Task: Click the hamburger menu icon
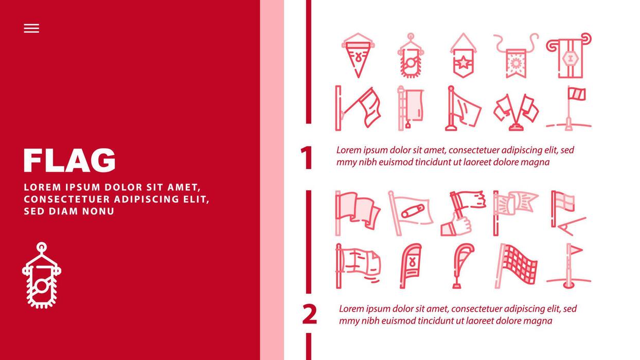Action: click(x=31, y=28)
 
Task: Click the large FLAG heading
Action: click(x=69, y=160)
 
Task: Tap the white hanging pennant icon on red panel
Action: click(x=41, y=276)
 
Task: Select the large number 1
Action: click(x=307, y=158)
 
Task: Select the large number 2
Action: click(x=309, y=315)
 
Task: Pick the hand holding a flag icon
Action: click(x=463, y=213)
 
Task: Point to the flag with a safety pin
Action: click(x=410, y=212)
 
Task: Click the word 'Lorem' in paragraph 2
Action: click(x=351, y=309)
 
